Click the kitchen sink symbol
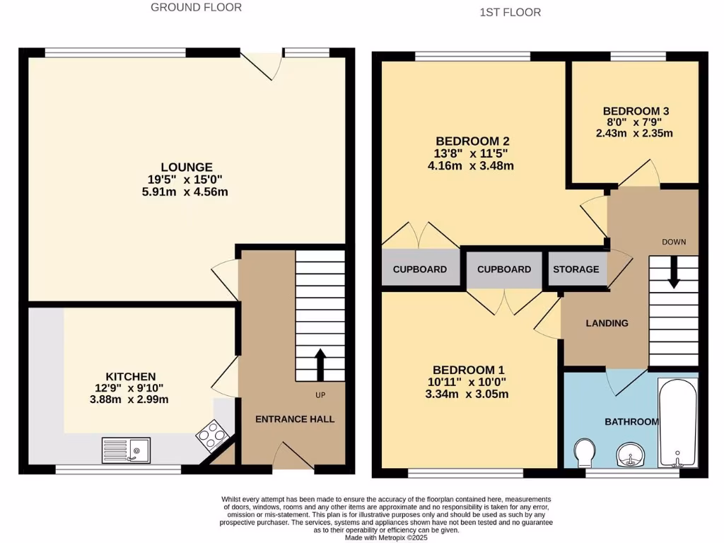click(x=126, y=450)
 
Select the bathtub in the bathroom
click(x=677, y=424)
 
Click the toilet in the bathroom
click(x=584, y=452)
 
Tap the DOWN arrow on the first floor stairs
click(x=673, y=272)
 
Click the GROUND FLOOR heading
click(x=196, y=8)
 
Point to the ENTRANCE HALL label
click(x=295, y=419)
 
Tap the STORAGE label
click(x=576, y=269)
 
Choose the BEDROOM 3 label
click(x=636, y=111)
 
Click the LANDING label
click(x=607, y=323)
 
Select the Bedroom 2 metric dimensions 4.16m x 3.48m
click(x=472, y=166)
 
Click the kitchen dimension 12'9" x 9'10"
click(x=131, y=388)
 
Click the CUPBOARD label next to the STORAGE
click(x=503, y=269)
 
